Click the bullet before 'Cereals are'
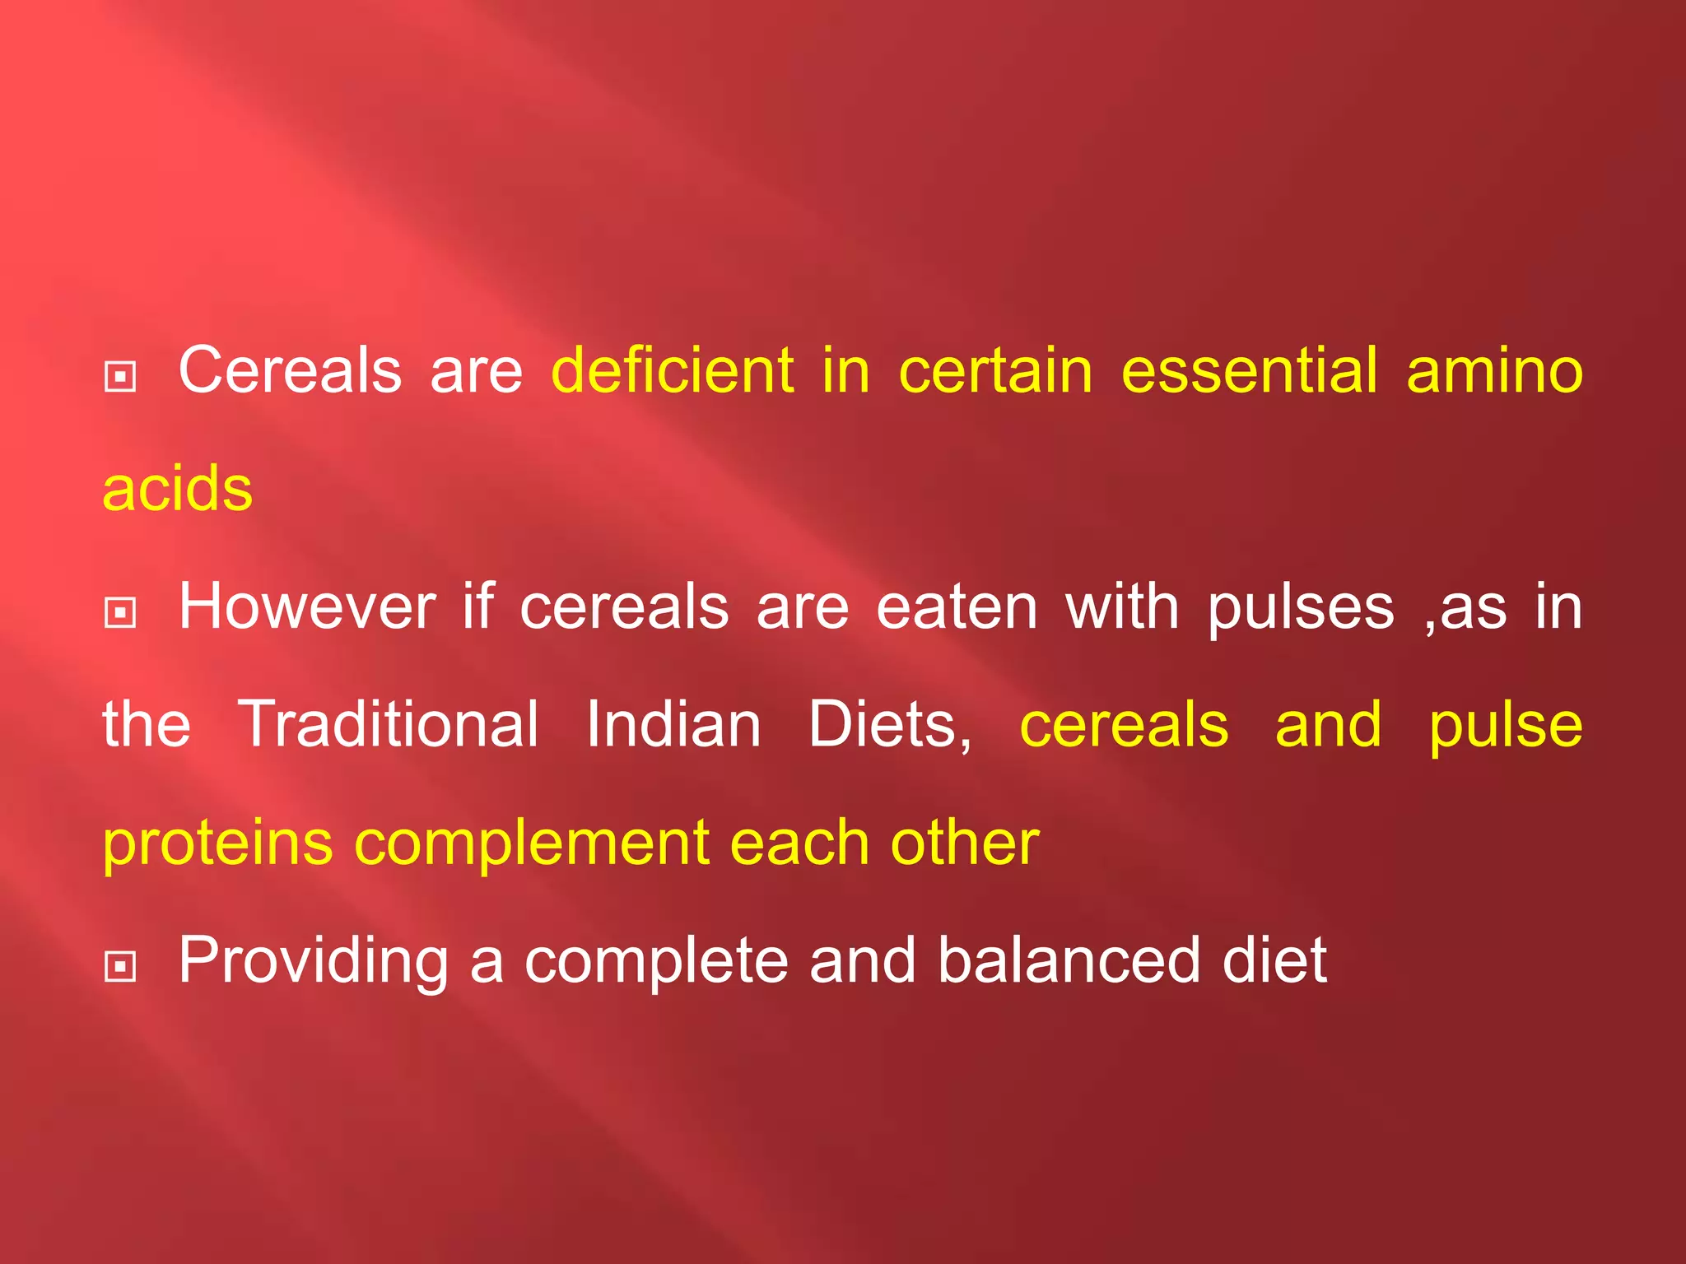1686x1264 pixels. [120, 377]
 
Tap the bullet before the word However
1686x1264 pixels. [120, 612]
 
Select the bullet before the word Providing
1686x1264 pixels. [120, 966]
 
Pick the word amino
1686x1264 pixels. [1494, 370]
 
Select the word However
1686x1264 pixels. [307, 606]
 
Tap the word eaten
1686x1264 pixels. [957, 606]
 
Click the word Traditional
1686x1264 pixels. [388, 724]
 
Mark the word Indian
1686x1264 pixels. [673, 724]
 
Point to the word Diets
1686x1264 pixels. [889, 724]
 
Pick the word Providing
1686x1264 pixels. [314, 961]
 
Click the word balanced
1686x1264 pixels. [1069, 960]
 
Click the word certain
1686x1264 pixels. [995, 370]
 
